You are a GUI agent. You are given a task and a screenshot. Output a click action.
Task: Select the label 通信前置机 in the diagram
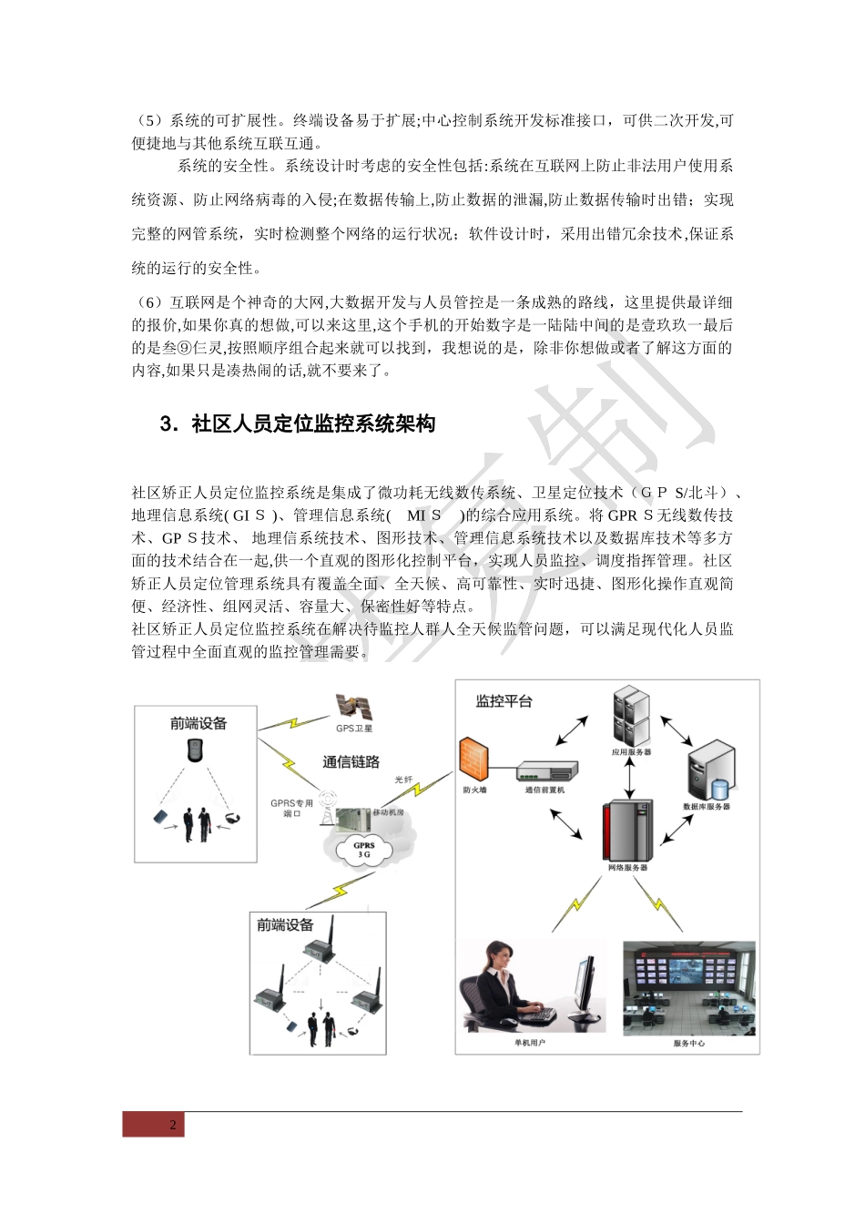coord(544,790)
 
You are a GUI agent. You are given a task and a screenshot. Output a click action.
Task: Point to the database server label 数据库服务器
coord(707,807)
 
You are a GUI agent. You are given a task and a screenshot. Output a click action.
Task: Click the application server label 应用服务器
coord(631,752)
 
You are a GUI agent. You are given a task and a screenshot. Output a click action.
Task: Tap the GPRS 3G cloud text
coord(364,850)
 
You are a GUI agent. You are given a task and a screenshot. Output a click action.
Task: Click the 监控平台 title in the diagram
coord(504,701)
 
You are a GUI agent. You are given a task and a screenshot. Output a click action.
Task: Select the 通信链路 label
coord(351,761)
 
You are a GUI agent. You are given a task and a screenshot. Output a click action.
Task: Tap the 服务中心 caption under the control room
coord(689,1043)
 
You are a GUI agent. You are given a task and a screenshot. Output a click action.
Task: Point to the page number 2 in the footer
coord(173,1125)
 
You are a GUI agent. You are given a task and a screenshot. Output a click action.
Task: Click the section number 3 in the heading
coord(166,423)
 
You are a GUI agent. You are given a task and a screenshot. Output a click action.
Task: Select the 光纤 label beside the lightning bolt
coord(403,780)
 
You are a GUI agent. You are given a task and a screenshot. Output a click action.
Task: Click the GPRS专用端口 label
coord(291,808)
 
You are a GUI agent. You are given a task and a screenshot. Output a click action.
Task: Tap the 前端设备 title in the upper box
coord(198,724)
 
